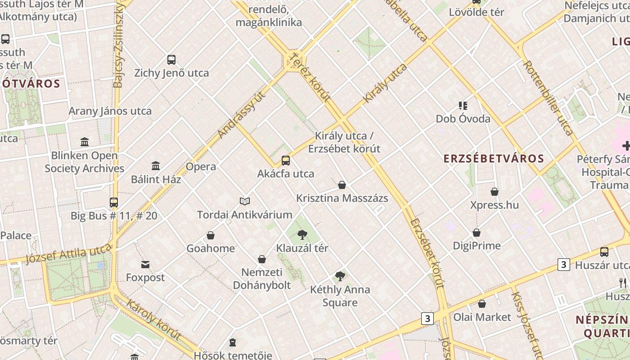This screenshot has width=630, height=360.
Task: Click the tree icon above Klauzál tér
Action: [302, 234]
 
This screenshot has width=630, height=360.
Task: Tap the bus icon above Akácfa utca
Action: [286, 161]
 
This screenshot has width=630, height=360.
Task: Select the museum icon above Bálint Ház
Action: [156, 166]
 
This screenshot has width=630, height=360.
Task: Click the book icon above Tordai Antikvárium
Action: [244, 201]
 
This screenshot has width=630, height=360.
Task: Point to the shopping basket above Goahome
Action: [210, 235]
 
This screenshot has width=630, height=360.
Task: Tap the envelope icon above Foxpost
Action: [145, 265]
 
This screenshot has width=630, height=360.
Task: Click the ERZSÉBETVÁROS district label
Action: [494, 158]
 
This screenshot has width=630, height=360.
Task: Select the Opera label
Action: [201, 166]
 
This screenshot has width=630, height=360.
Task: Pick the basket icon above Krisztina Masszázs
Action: [342, 185]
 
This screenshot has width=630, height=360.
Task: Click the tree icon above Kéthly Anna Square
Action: [340, 276]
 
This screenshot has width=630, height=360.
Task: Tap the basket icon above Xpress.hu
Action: [495, 192]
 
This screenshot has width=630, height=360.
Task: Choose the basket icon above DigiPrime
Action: [477, 233]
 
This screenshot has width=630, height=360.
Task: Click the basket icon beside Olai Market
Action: [482, 304]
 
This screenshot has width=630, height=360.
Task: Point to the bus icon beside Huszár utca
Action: [604, 252]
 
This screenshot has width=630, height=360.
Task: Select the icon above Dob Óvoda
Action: [463, 106]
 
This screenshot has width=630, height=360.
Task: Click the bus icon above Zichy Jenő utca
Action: [171, 60]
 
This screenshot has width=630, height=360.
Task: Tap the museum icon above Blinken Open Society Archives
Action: [85, 142]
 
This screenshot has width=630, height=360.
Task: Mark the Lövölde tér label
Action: [477, 12]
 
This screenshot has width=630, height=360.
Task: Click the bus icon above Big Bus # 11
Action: [114, 202]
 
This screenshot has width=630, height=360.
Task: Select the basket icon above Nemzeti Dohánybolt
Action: [262, 259]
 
